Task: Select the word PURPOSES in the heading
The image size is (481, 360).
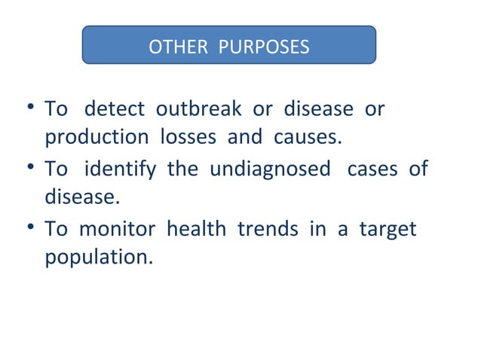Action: [263, 47]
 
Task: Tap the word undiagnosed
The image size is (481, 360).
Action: [270, 169]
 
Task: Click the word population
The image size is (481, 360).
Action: [98, 258]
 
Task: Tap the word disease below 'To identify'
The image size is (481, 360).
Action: [81, 198]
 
